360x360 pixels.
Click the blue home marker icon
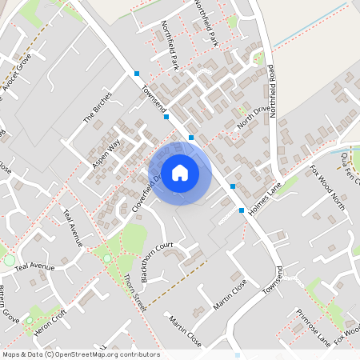[180, 172]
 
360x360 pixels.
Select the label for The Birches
[98, 107]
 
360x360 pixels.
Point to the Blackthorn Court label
[157, 261]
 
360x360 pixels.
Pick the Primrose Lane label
[313, 326]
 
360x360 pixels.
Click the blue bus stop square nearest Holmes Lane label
[242, 210]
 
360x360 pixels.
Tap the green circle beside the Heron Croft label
[29, 320]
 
